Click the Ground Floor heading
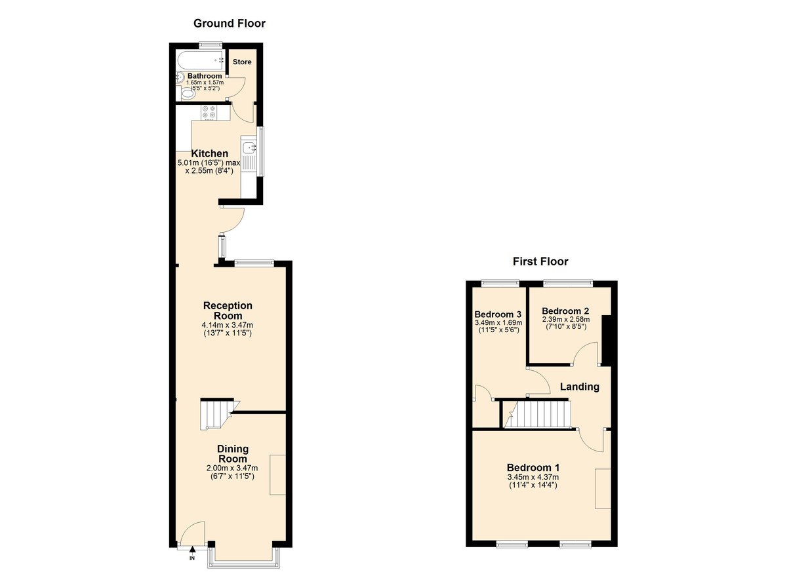tap(229, 24)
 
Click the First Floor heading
tap(540, 261)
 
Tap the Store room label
tap(243, 62)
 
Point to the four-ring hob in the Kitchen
tap(210, 113)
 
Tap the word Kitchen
tap(209, 154)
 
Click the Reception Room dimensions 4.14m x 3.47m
tap(228, 326)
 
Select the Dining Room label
tap(233, 453)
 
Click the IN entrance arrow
tap(192, 551)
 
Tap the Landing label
tap(579, 387)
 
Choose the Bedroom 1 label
tap(533, 468)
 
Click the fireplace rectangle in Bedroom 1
tap(603, 488)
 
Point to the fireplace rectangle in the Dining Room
tap(278, 475)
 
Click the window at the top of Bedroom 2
tap(568, 283)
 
